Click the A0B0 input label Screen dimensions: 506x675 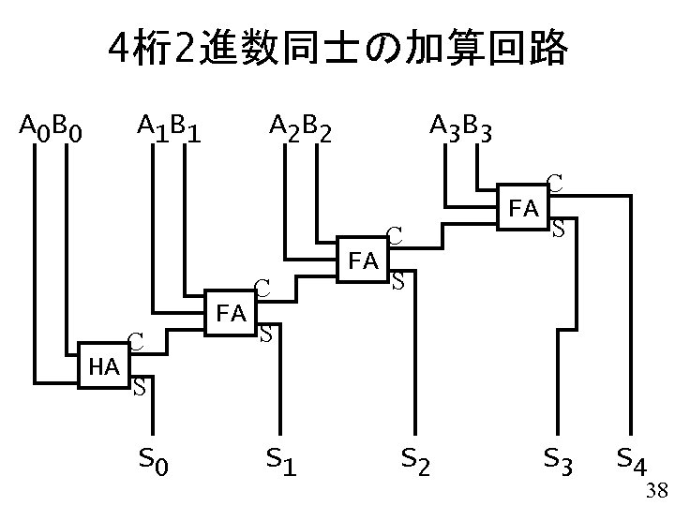52,125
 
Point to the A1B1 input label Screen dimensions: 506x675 170,125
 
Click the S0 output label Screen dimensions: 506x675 155,459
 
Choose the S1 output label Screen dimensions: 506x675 281,459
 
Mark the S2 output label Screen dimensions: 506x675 416,459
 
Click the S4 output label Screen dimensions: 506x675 635,459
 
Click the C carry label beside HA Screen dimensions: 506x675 136,344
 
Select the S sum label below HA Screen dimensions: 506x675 138,385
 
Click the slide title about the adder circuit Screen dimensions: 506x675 337,49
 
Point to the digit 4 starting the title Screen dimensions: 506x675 118,49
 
